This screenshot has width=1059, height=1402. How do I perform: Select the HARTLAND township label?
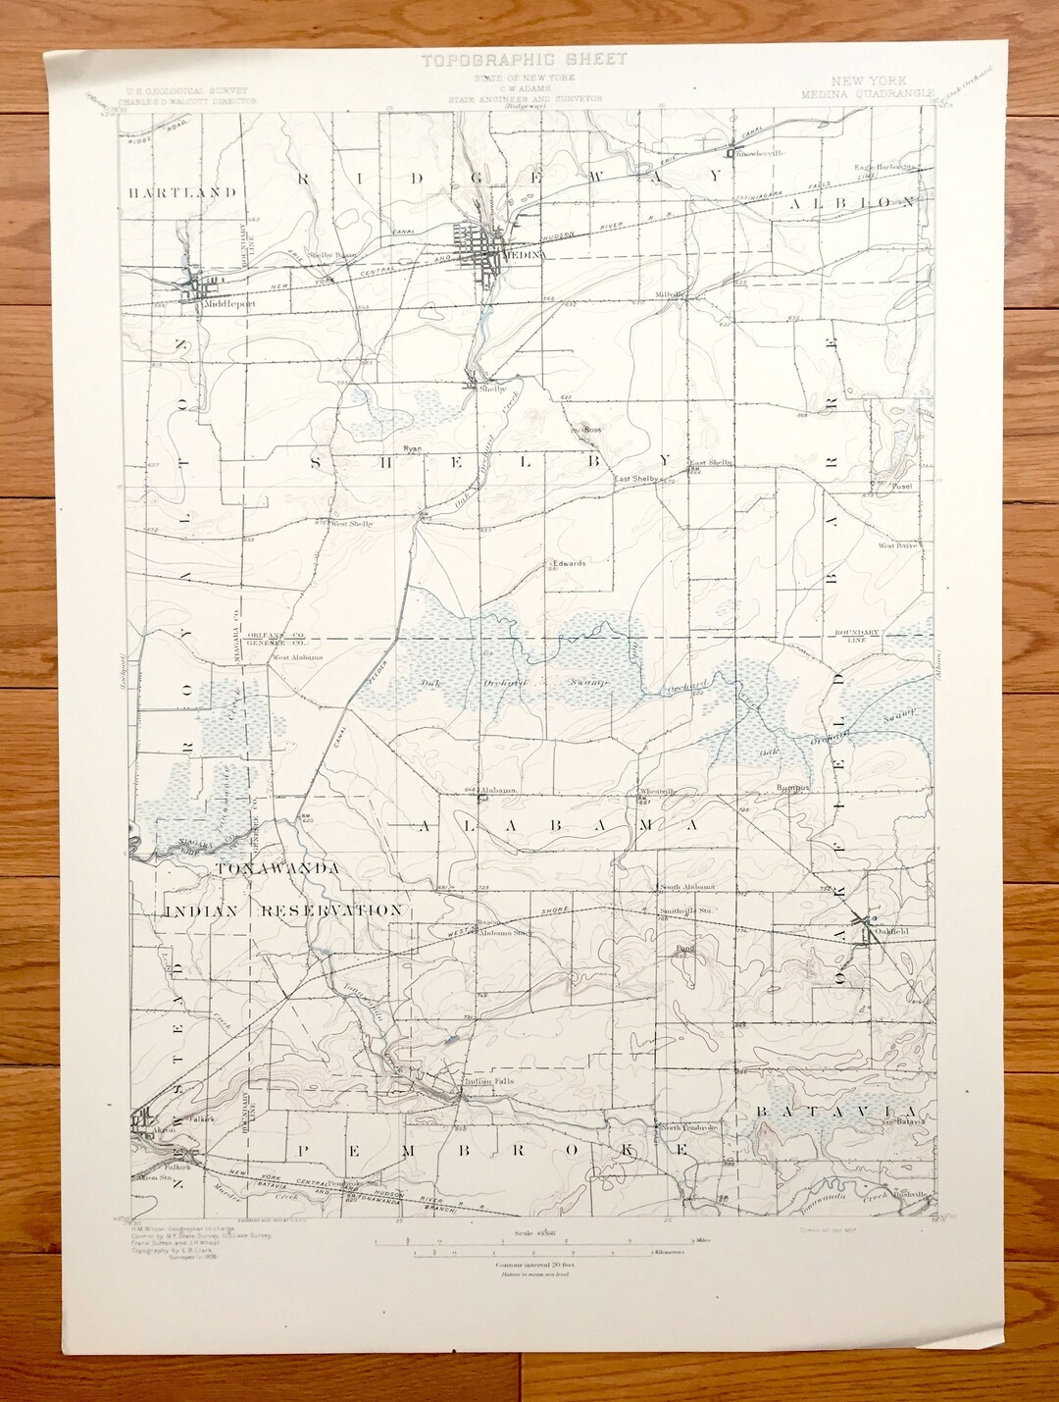(x=181, y=192)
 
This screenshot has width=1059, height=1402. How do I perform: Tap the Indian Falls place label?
(x=490, y=1081)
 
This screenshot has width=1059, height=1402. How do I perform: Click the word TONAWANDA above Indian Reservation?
(x=277, y=868)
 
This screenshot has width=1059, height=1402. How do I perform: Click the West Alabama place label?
(x=297, y=657)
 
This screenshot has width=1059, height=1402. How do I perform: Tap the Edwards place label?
(x=569, y=563)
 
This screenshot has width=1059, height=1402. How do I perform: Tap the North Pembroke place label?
(x=688, y=1128)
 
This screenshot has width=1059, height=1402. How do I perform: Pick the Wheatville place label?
(x=658, y=791)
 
